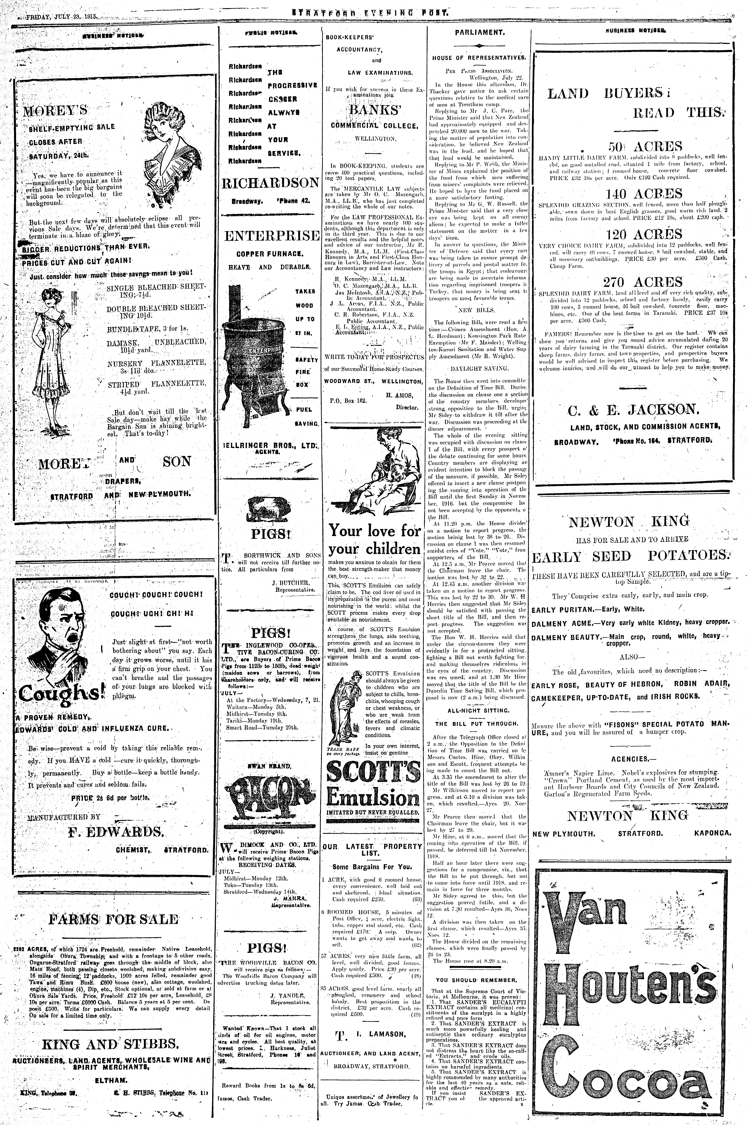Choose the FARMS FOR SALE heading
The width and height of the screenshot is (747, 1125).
click(113, 920)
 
